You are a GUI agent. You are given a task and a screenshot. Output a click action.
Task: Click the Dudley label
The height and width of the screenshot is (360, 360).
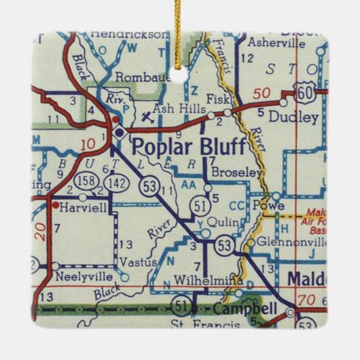tap(293, 117)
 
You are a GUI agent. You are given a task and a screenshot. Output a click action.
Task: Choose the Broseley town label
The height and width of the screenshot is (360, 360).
tap(237, 173)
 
